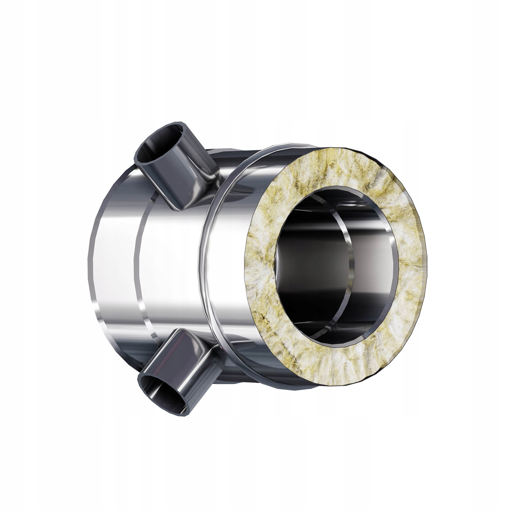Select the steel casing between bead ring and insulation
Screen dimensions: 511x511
coord(227,264)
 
